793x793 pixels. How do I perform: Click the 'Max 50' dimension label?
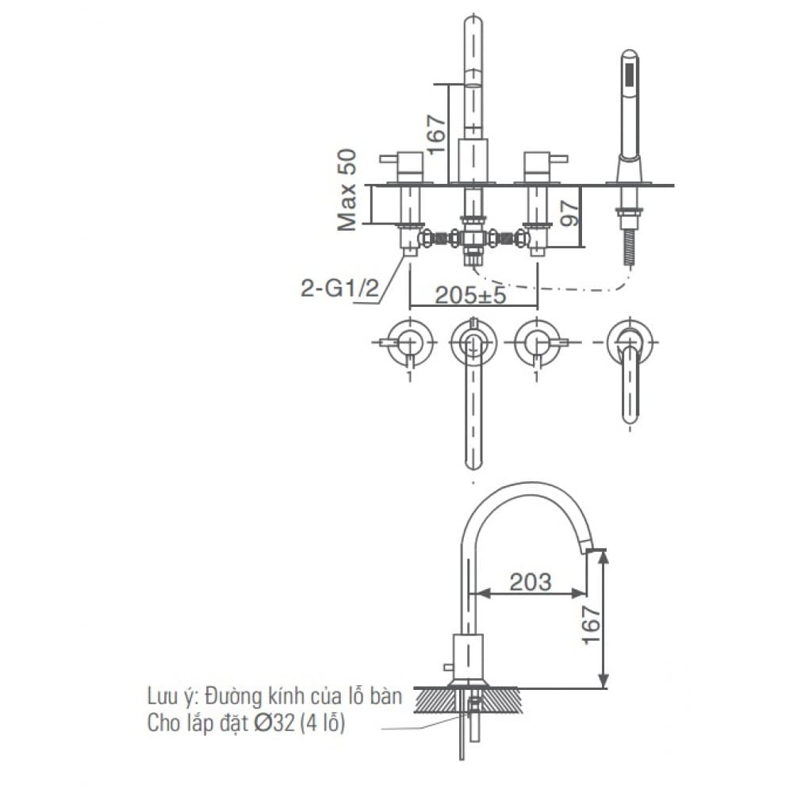pos(347,190)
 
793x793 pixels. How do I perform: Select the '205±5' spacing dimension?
pos(470,295)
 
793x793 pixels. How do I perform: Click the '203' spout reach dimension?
pos(530,581)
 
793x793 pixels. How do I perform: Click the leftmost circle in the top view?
pos(409,343)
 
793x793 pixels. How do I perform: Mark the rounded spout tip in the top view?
pos(473,460)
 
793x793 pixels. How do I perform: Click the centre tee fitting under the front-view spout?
pos(474,238)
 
